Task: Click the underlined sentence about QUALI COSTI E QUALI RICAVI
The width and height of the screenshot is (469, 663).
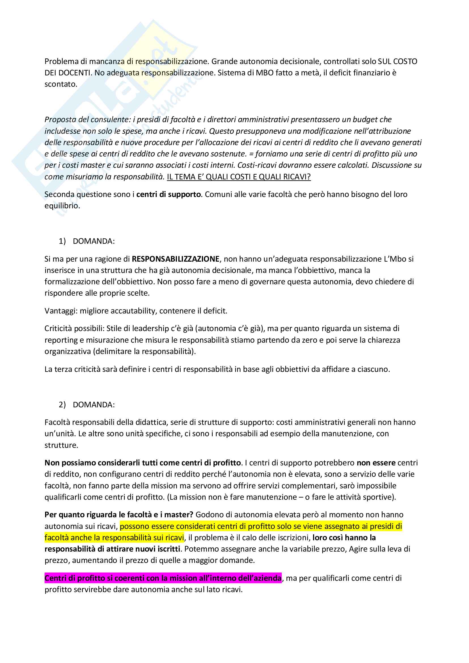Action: [238, 177]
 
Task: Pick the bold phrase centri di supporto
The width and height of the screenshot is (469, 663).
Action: [168, 194]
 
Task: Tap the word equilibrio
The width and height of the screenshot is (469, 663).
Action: [62, 206]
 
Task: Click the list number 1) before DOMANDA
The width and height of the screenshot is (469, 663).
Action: [62, 241]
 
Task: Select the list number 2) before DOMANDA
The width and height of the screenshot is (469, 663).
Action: [62, 404]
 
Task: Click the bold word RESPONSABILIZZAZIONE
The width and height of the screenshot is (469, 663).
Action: [176, 259]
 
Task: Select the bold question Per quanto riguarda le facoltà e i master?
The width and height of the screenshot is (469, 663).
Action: [119, 515]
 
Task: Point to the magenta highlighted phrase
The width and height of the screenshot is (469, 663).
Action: [163, 578]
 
